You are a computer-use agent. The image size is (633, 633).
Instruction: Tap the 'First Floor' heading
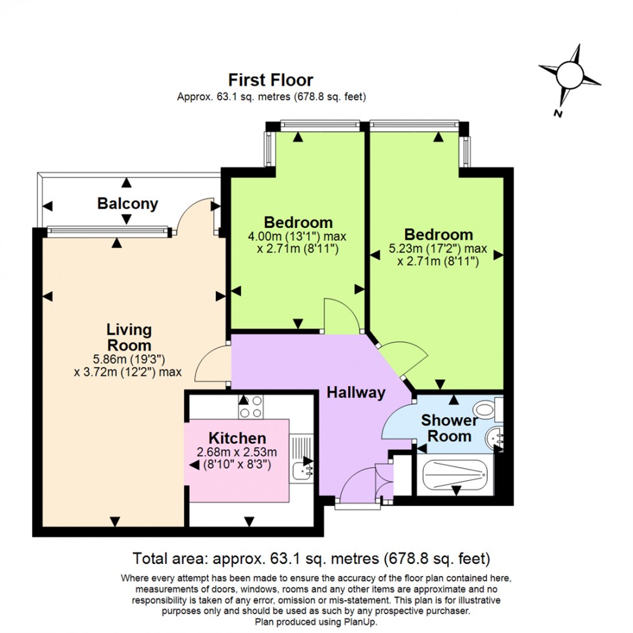pos(271,80)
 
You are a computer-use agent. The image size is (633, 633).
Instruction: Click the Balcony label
pos(127,204)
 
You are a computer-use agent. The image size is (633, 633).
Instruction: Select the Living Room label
pos(129,337)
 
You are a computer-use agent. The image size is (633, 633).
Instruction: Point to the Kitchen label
pos(237,439)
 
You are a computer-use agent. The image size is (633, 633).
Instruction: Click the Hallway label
pos(355,392)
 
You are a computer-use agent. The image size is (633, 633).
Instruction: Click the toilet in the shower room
pos(485,409)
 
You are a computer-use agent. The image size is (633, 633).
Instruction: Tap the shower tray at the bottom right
pos(455,477)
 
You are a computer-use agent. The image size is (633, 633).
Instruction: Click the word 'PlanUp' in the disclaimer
pos(355,621)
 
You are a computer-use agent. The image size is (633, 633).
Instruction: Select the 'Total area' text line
pos(311,557)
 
